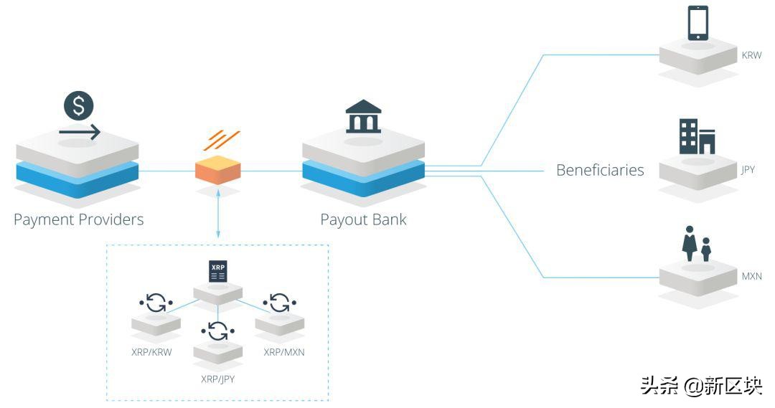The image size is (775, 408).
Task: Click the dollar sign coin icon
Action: (79, 106)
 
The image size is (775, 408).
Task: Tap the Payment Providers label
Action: (78, 219)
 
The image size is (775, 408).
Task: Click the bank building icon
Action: (363, 118)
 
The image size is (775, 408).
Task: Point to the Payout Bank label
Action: (363, 219)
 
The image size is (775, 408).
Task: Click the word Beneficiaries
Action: (600, 171)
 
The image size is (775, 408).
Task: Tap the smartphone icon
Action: (697, 24)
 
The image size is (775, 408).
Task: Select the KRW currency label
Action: (751, 55)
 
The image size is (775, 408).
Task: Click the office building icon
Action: (697, 137)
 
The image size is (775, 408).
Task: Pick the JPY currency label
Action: (748, 171)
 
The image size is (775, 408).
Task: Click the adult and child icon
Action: (696, 245)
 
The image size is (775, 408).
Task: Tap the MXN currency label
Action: (751, 276)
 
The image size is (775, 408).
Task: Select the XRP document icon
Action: (217, 272)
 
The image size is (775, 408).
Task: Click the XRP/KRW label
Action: (151, 352)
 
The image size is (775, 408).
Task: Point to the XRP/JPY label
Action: (217, 378)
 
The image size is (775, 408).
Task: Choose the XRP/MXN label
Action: (284, 352)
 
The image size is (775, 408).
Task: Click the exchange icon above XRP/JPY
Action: (217, 330)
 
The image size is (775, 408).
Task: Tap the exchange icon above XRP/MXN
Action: (280, 303)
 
